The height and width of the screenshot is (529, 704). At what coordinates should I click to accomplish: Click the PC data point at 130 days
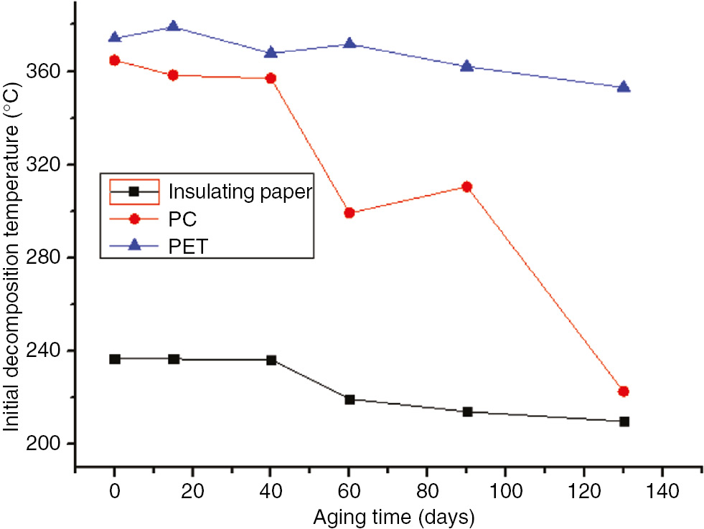623,391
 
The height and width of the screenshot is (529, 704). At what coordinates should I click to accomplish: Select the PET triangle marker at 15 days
173,27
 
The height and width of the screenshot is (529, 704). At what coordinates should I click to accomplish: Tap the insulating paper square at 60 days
349,399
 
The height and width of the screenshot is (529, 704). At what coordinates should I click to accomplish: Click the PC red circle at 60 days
349,213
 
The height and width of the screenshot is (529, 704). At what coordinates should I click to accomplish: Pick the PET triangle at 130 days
623,87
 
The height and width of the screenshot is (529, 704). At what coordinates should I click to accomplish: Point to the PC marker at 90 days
466,186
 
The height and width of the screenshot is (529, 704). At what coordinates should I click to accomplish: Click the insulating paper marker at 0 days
115,358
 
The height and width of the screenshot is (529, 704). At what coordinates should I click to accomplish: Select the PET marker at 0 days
115,37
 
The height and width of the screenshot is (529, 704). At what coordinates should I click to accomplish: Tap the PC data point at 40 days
271,78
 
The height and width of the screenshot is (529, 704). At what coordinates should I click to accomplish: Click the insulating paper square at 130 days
624,421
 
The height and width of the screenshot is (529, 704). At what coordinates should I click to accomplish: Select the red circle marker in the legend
133,219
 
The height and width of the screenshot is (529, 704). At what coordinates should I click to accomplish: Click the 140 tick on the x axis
662,494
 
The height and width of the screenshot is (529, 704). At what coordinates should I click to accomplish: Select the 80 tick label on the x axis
427,494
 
